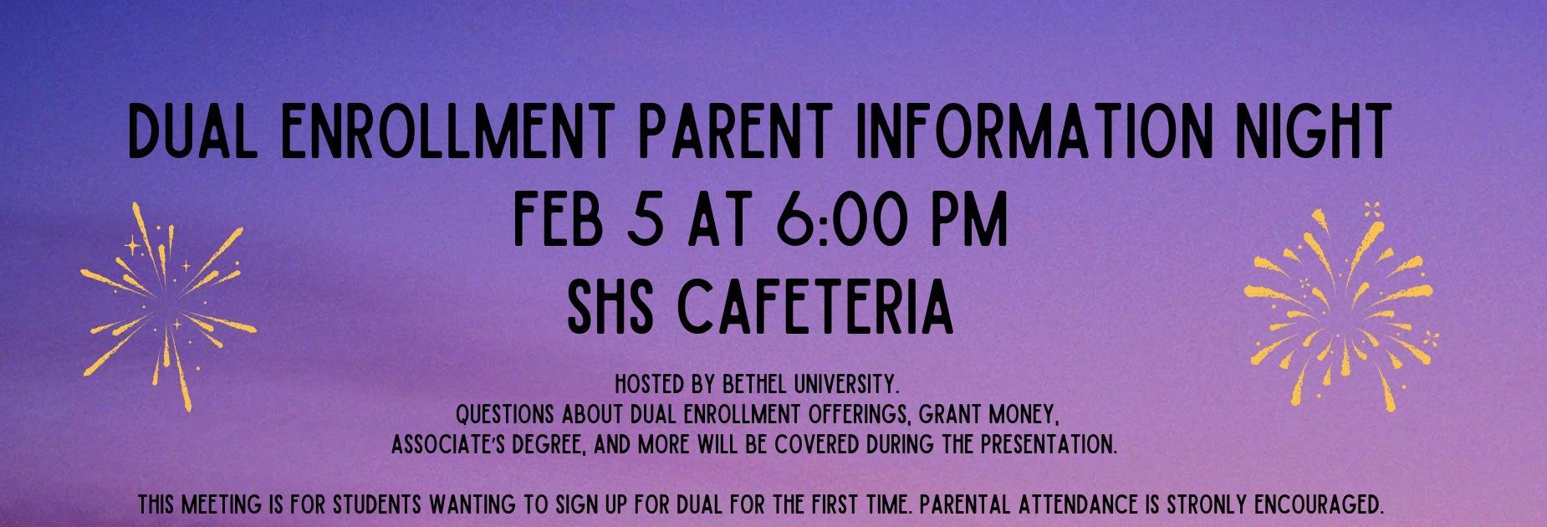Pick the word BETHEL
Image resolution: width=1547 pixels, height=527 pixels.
tap(733, 386)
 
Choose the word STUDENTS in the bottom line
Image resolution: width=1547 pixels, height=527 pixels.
tap(380, 506)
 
